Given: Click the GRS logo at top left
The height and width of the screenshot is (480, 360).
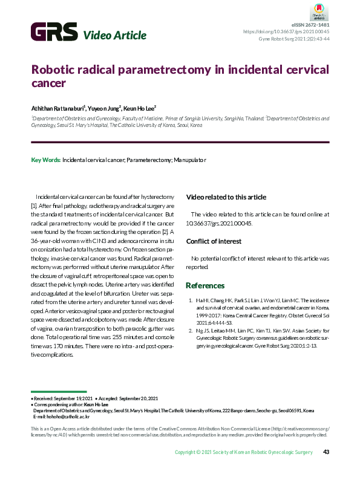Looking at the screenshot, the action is click(x=54, y=31).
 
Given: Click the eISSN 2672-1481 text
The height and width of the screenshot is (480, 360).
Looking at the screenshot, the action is click(x=310, y=25).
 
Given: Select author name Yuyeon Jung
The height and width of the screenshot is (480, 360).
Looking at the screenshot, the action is click(x=104, y=108).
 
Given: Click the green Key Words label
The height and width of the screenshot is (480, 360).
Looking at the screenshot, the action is click(x=45, y=160).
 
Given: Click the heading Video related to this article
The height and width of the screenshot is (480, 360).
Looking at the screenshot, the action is click(x=225, y=197).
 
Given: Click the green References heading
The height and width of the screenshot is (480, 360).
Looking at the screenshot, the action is click(x=205, y=285).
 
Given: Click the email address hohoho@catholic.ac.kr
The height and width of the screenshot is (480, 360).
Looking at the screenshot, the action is click(x=61, y=417).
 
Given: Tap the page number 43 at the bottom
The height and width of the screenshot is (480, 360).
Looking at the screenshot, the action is click(x=326, y=452).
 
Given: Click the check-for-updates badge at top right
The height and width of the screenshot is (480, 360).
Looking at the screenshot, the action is click(x=319, y=10).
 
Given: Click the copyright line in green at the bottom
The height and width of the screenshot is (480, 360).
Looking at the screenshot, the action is click(x=243, y=452).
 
